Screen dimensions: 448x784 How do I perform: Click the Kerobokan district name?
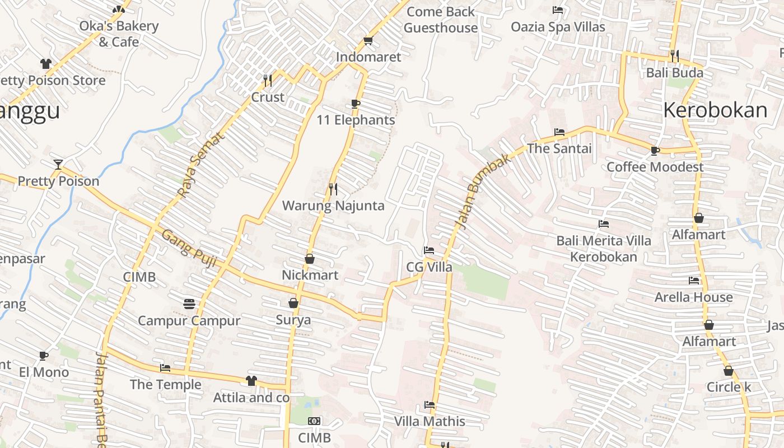[715, 110]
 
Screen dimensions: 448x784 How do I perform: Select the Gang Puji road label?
[189, 248]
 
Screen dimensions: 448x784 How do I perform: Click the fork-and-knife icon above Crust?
[268, 81]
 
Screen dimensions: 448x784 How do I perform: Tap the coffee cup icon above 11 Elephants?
[355, 104]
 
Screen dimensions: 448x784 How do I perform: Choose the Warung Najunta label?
[333, 206]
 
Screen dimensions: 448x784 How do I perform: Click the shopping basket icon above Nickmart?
[309, 259]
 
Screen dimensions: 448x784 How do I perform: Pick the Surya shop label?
[293, 320]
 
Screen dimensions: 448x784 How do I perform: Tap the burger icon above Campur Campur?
[189, 304]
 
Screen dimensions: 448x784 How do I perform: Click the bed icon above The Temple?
[165, 368]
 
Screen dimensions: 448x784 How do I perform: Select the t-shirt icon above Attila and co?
[251, 381]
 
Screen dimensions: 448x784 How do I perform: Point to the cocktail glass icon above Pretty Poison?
[58, 164]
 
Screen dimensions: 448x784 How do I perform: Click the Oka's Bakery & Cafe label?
[119, 34]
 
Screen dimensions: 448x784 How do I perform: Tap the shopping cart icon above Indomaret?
[368, 40]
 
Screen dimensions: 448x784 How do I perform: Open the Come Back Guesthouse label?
[441, 20]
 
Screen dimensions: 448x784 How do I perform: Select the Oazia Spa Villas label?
[558, 27]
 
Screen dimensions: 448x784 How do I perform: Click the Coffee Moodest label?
[655, 167]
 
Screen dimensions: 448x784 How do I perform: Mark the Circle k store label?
[728, 387]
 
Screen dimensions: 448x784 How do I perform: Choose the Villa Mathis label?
[430, 421]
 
